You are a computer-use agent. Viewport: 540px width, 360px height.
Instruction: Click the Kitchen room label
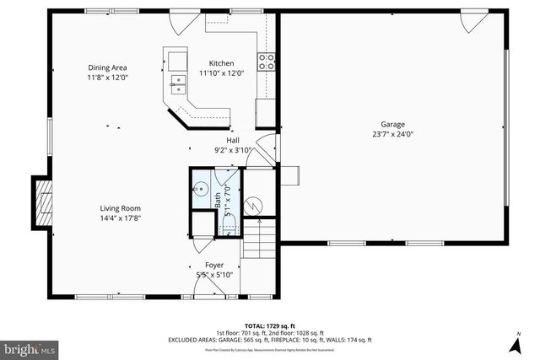(222, 63)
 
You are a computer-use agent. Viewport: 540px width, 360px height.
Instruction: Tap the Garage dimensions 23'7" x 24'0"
(392, 133)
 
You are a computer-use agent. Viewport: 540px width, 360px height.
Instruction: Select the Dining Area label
(108, 67)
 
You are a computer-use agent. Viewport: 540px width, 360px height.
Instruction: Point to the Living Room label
(120, 208)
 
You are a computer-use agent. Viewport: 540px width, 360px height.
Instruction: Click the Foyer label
(214, 265)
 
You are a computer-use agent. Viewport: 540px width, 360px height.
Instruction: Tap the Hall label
(232, 140)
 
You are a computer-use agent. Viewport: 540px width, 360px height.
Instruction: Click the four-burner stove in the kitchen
(267, 60)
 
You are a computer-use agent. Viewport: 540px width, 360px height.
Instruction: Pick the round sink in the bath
(202, 190)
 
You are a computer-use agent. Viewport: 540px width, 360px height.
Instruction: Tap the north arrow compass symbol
(514, 344)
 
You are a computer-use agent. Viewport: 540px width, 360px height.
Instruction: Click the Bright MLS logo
(30, 347)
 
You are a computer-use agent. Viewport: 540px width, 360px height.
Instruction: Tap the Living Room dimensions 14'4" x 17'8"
(120, 218)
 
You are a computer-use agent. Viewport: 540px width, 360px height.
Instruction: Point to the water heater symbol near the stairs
(253, 203)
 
